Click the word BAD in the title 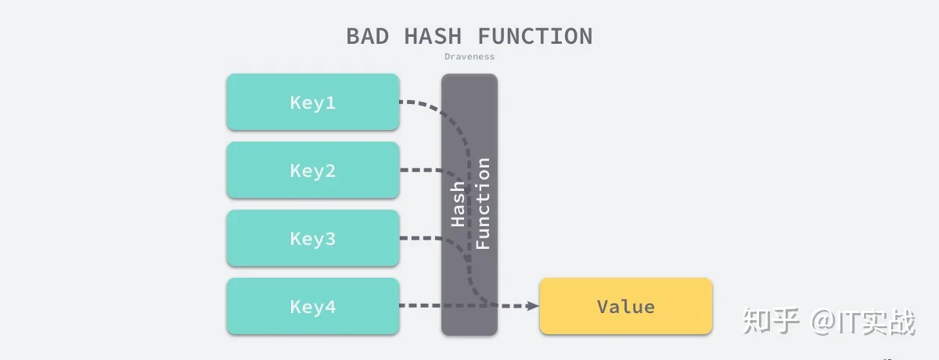368,36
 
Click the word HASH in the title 433,36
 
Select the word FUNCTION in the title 535,36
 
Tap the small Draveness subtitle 469,56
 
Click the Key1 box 313,102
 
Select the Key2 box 313,170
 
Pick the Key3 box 313,238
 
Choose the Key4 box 313,306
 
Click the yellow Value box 626,306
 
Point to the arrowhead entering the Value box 533,306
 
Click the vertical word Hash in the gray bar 457,204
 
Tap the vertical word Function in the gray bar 483,203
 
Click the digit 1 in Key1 330,103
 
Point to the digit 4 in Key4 330,307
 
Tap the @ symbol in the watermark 824,322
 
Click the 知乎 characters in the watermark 771,321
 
